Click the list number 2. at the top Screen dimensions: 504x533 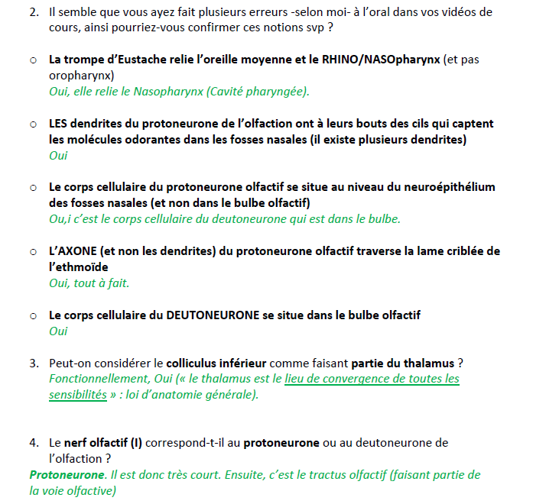click(34, 12)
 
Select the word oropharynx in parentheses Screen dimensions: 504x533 click(77, 76)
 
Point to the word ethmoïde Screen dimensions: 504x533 click(77, 267)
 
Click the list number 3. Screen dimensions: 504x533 click(34, 363)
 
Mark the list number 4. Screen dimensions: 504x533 click(34, 443)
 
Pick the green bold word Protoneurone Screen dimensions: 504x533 click(67, 475)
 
